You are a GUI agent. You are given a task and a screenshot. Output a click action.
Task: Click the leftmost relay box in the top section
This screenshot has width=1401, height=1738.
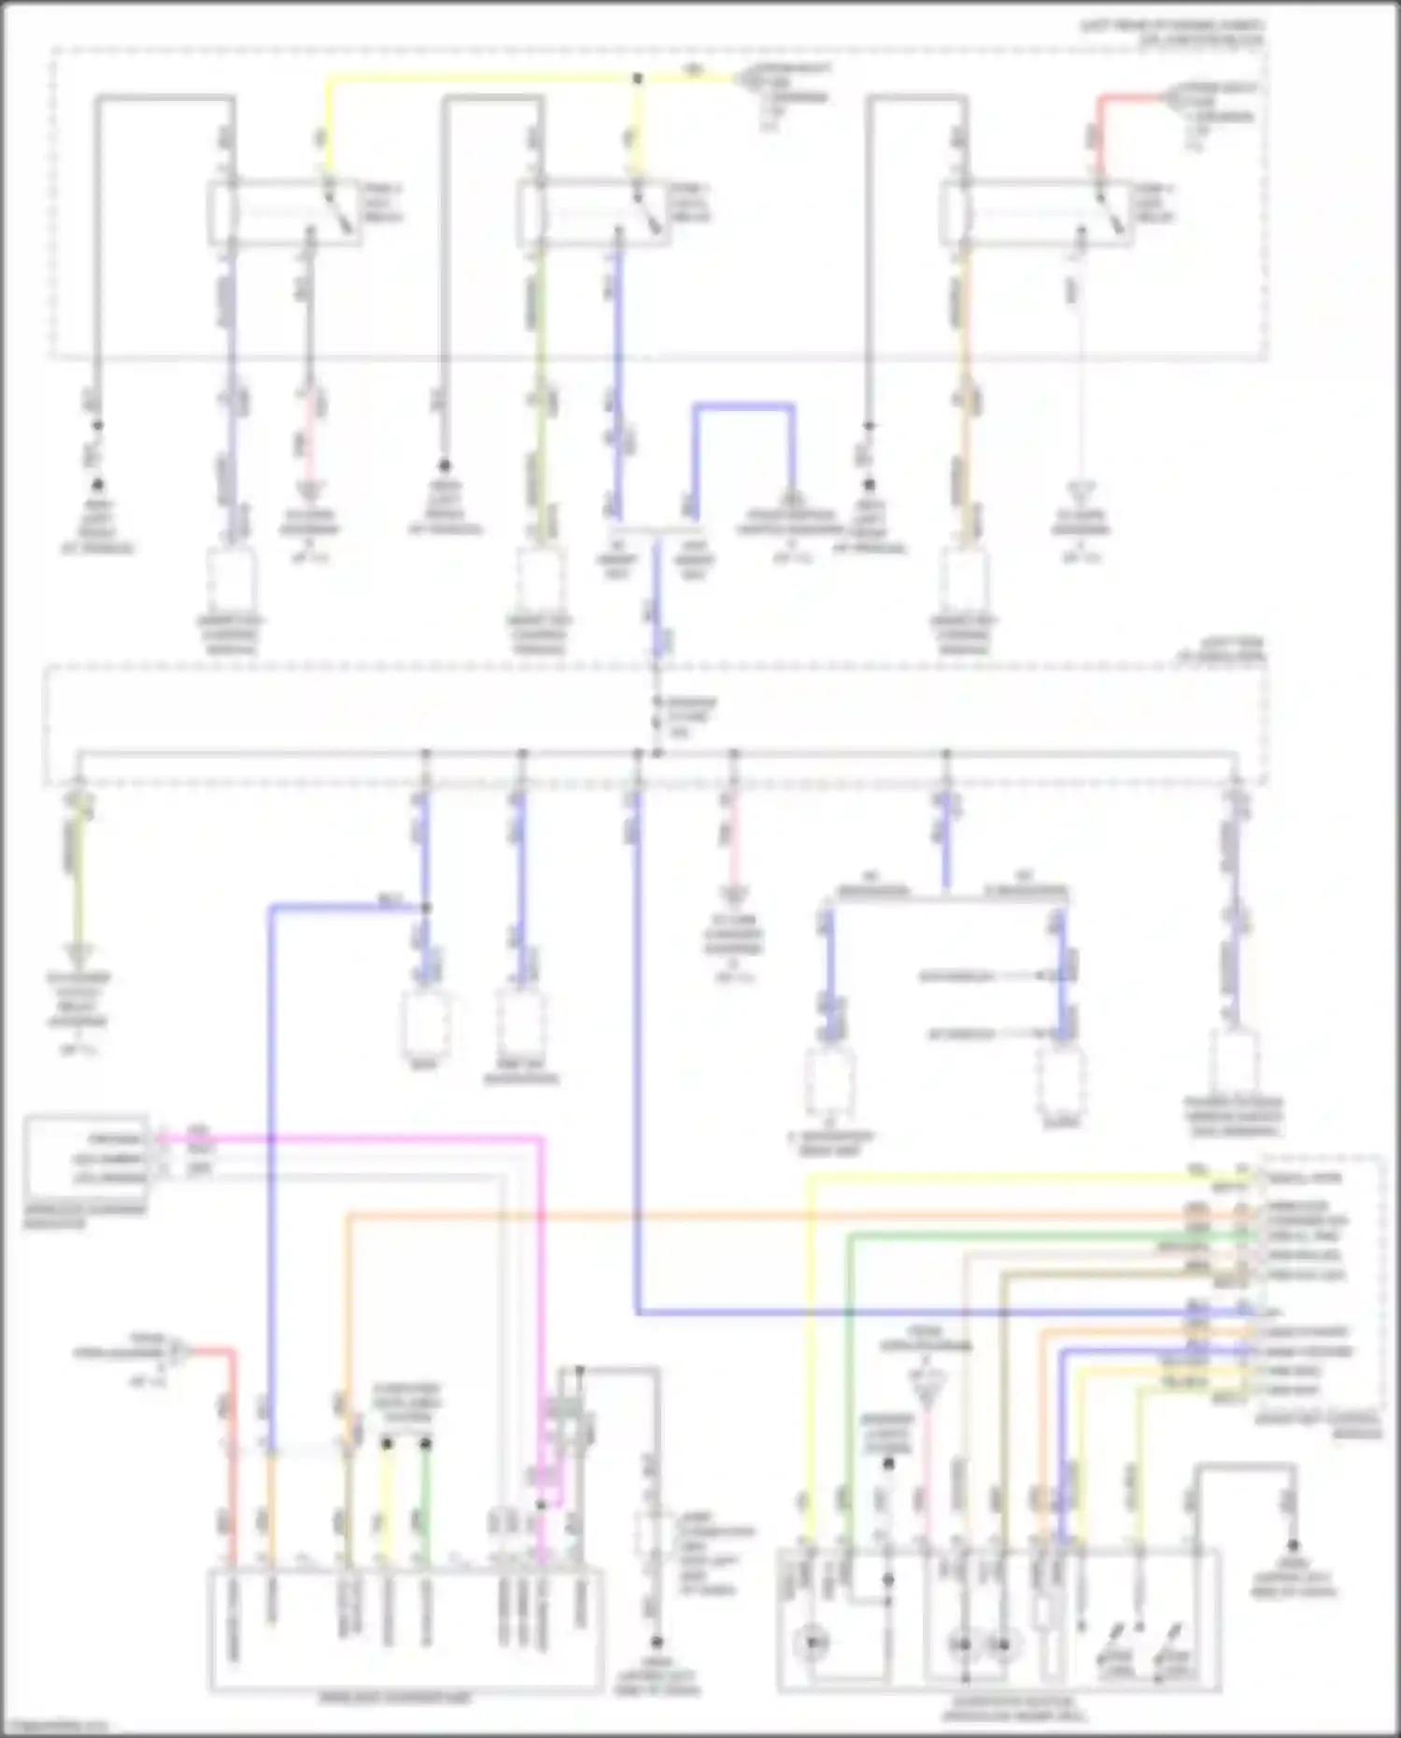coord(284,213)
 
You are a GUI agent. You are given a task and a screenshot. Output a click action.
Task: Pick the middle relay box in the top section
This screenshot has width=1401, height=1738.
coord(592,214)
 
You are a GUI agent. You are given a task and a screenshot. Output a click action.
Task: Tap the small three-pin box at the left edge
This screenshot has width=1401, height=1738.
coord(86,1158)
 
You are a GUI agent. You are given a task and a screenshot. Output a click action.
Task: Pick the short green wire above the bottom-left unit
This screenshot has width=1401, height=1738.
coord(425,1494)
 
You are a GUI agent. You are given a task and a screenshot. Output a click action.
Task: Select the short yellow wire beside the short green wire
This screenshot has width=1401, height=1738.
coord(386,1494)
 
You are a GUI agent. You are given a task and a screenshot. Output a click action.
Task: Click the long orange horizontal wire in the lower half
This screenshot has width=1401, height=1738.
coord(747,1216)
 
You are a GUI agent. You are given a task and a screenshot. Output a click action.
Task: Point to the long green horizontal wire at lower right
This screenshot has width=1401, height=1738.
coord(1027,1236)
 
